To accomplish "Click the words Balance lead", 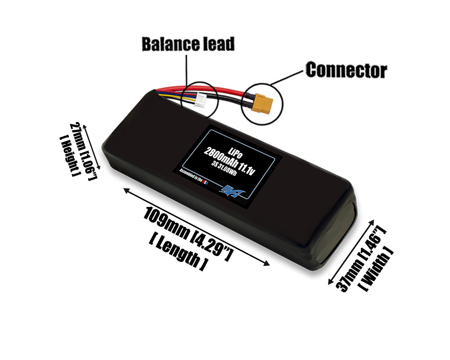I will [x=188, y=44].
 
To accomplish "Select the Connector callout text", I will [x=346, y=70].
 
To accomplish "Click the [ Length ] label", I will [x=178, y=255].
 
